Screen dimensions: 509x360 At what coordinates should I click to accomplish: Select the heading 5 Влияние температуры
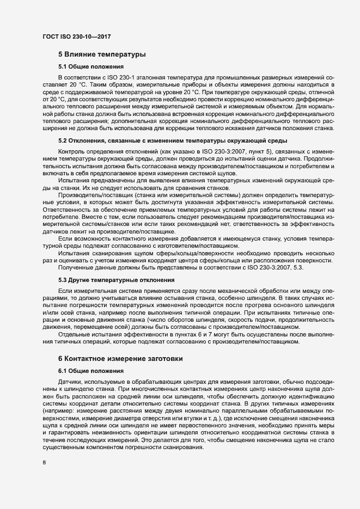101,54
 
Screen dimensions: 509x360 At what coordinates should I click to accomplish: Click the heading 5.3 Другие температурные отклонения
116,280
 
